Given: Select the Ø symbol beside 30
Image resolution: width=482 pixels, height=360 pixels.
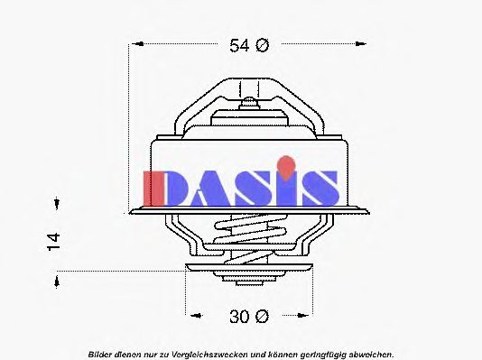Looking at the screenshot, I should pos(262,316).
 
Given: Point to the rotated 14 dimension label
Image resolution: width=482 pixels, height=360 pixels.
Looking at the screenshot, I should pos(55,239).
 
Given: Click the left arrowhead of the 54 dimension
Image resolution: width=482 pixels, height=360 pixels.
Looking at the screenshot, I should pos(136,43).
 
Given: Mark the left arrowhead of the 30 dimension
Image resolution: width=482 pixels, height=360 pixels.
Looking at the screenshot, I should pos(192,316).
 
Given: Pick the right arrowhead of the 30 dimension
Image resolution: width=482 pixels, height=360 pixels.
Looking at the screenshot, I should pos(304,316).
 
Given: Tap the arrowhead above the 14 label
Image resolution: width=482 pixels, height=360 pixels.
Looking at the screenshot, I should pos(56,204).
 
